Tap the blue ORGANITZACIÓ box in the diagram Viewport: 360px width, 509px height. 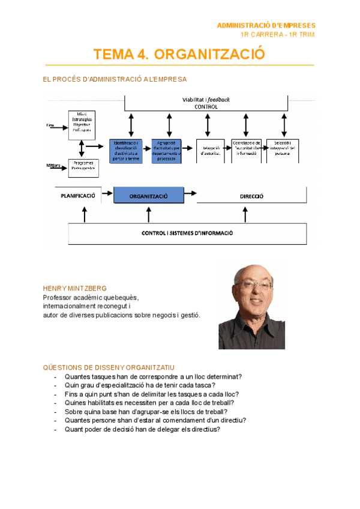[148, 196]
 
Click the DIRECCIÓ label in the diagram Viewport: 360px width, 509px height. [251, 196]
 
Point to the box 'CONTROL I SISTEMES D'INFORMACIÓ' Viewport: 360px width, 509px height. [187, 233]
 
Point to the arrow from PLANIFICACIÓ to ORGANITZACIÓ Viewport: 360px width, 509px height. [107, 193]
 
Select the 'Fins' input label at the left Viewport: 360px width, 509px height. [50, 125]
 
